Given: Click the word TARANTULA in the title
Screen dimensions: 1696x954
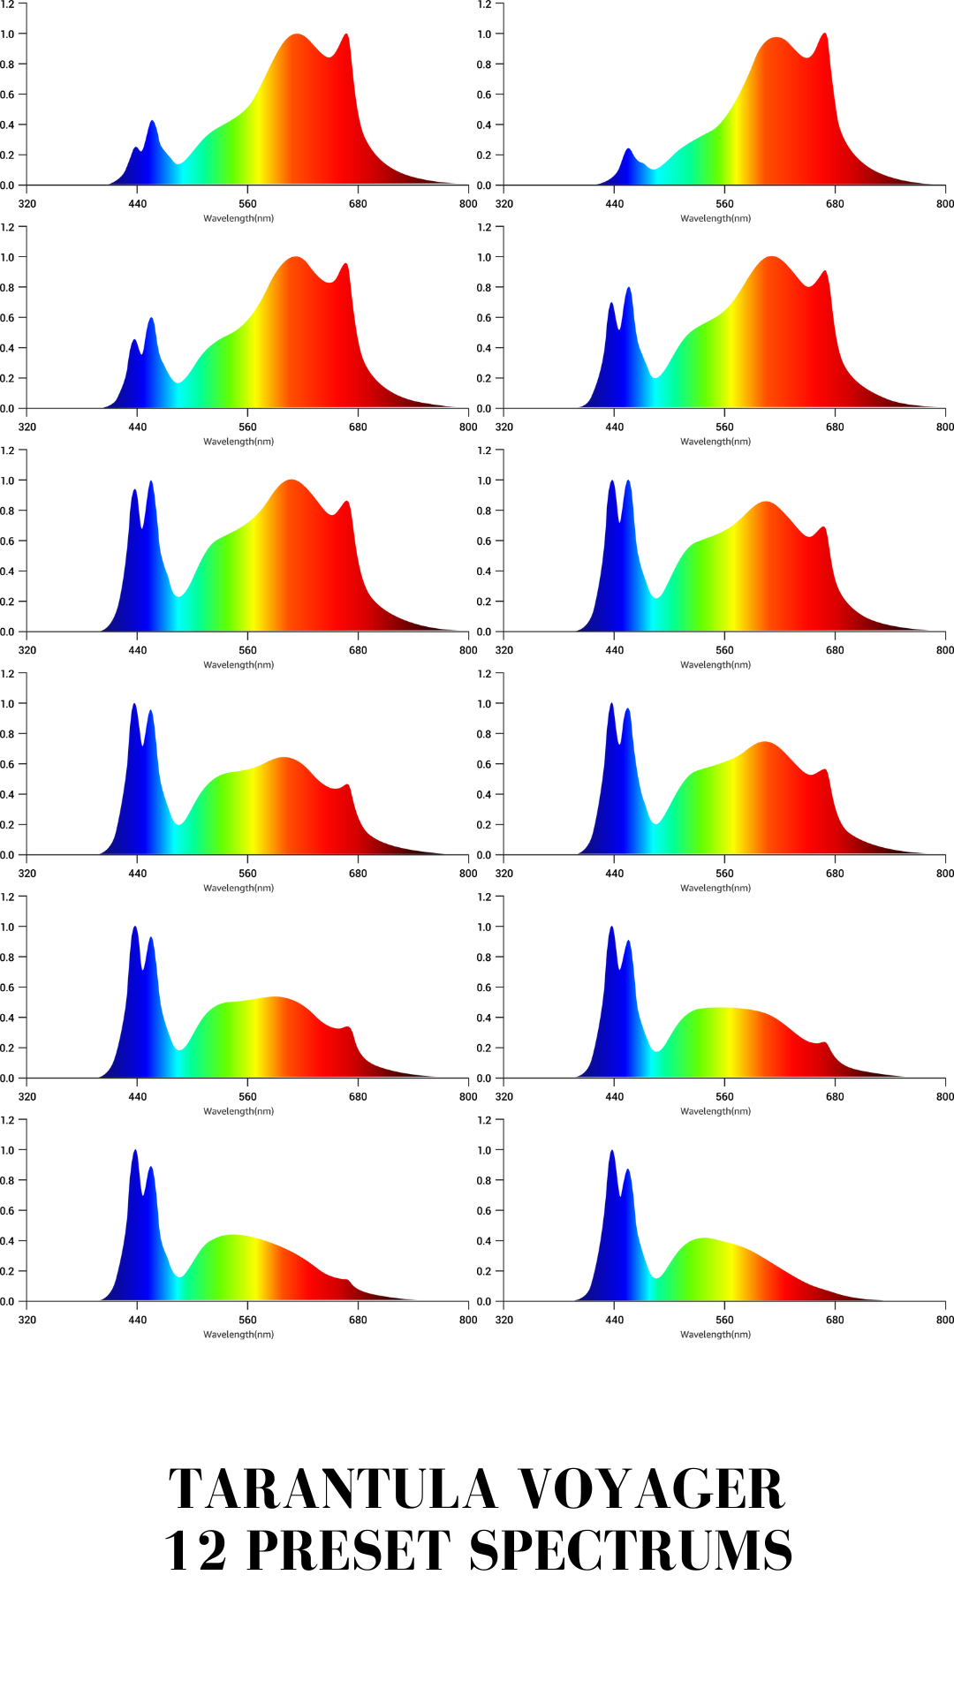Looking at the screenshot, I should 333,1489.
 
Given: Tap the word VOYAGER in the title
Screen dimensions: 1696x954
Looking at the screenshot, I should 651,1489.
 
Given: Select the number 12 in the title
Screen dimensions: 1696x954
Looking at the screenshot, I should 195,1551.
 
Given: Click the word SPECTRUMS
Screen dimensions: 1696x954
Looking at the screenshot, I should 630,1551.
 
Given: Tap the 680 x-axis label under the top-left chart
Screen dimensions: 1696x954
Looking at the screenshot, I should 358,204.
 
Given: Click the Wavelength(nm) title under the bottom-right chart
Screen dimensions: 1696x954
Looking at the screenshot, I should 715,1335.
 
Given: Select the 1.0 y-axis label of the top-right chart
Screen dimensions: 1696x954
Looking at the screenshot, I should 484,34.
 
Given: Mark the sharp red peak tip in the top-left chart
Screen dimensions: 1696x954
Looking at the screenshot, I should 346,35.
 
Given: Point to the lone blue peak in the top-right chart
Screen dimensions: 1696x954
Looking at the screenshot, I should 628,150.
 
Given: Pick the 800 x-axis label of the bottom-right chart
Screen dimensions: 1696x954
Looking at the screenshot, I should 944,1320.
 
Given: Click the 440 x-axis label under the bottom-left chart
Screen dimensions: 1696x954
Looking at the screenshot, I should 138,1320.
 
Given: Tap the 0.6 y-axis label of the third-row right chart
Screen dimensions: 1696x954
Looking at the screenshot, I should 484,541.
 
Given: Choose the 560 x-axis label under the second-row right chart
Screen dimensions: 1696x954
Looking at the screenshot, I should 724,428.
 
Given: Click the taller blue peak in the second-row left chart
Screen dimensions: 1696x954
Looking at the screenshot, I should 151,319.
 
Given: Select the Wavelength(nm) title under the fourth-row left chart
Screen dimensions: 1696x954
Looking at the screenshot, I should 238,888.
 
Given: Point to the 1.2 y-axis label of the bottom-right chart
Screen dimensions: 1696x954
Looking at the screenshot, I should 484,1120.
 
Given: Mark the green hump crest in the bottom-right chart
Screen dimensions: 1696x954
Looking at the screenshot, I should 704,1239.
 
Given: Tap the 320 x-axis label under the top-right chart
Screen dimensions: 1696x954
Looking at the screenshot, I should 504,204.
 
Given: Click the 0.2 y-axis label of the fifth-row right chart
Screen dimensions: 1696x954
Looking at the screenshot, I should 484,1049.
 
